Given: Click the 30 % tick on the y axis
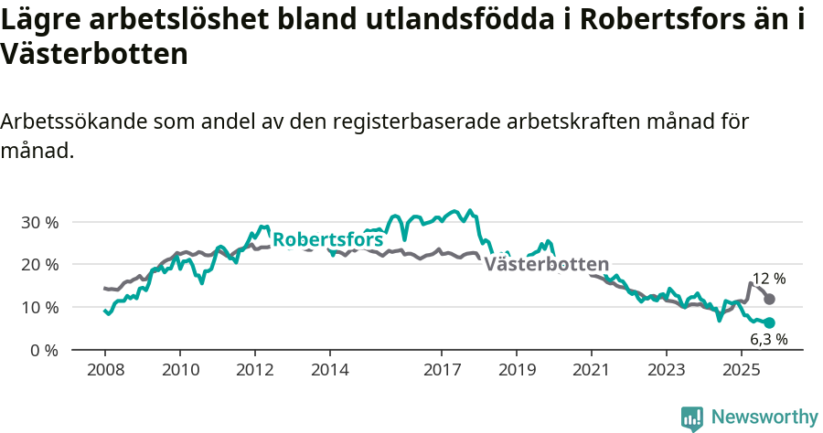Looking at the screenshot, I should tap(39, 222).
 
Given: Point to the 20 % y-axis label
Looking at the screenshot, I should tap(39, 265).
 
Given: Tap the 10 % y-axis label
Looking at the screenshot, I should tap(39, 307).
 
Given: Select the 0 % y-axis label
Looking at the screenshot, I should tap(44, 350).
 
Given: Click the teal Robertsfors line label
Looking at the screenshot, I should tap(327, 240).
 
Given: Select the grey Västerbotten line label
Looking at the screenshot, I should tap(546, 264).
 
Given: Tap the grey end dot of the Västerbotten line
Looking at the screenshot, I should tap(770, 299).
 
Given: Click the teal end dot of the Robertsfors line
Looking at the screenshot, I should tap(770, 322).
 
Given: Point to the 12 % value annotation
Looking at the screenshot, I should tap(768, 280).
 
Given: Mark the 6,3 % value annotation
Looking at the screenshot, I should tap(768, 340).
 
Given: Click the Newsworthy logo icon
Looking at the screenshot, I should tap(692, 417).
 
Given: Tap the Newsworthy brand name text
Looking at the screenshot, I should tap(764, 417).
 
